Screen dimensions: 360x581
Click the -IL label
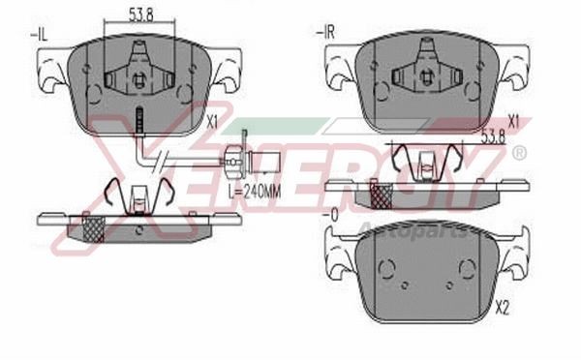click(x=41, y=35)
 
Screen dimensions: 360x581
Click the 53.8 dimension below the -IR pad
click(x=493, y=137)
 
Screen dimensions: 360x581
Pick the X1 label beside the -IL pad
click(x=214, y=123)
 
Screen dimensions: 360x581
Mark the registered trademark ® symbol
click(x=519, y=153)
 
